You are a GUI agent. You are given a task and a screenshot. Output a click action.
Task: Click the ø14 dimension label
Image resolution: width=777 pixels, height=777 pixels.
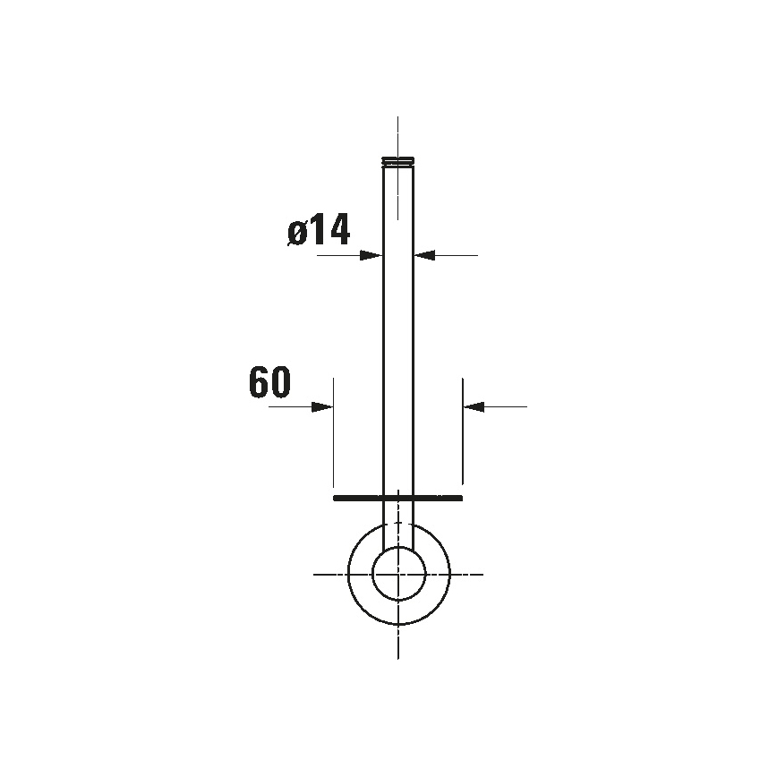click(x=319, y=231)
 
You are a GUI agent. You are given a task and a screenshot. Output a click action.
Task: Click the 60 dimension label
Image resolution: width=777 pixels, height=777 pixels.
click(x=269, y=382)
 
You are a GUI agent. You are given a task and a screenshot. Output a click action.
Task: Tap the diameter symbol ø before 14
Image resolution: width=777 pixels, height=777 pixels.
click(x=298, y=233)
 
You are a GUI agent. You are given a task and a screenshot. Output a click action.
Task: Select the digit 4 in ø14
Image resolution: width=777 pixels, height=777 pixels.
click(x=337, y=231)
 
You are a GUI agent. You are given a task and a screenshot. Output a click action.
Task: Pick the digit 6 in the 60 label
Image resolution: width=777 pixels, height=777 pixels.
click(x=259, y=382)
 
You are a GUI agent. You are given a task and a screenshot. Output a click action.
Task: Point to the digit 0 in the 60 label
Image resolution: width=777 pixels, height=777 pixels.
click(x=280, y=382)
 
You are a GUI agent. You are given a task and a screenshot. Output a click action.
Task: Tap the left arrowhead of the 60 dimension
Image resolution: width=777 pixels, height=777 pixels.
click(x=322, y=406)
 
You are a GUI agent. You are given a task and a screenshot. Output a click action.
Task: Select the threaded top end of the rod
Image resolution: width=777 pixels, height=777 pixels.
click(x=398, y=161)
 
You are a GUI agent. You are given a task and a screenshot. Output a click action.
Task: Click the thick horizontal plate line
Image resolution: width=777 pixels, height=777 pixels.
click(x=397, y=497)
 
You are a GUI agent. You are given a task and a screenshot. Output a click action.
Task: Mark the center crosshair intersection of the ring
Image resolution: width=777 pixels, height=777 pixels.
click(x=398, y=574)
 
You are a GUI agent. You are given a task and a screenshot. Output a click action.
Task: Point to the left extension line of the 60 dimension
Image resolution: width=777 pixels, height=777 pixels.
click(x=333, y=439)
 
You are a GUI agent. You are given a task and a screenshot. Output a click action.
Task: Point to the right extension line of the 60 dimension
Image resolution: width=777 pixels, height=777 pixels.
click(x=463, y=439)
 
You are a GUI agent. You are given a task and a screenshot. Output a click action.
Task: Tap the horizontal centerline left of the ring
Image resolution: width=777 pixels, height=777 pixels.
click(x=328, y=574)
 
